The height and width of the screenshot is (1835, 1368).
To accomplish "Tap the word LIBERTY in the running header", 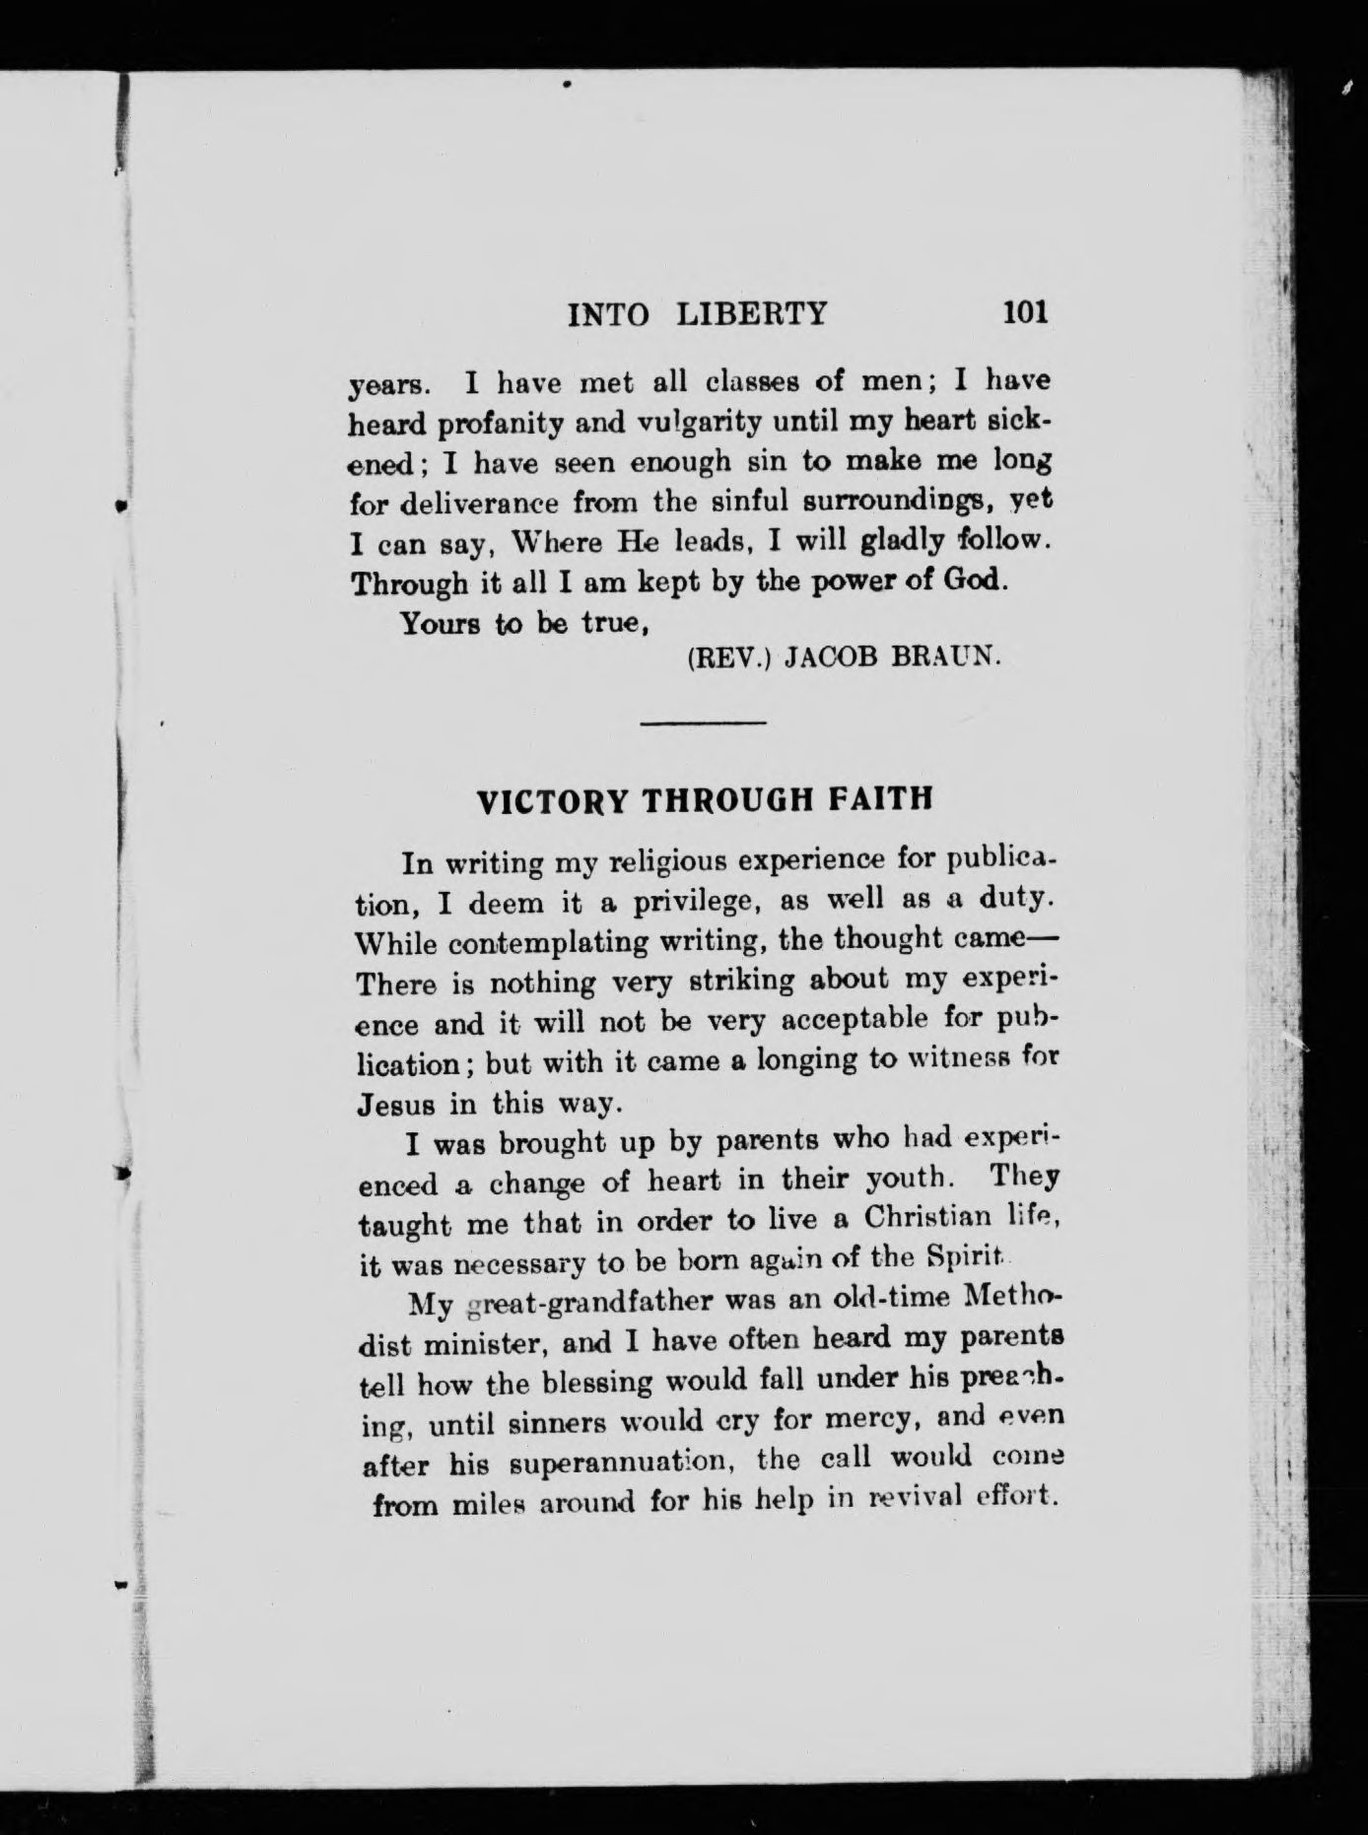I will [x=752, y=313].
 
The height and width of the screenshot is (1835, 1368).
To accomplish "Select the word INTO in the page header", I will [x=609, y=314].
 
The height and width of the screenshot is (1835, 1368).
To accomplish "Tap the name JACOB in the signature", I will [x=826, y=657].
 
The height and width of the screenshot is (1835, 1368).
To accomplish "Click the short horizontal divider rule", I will [x=703, y=724].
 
